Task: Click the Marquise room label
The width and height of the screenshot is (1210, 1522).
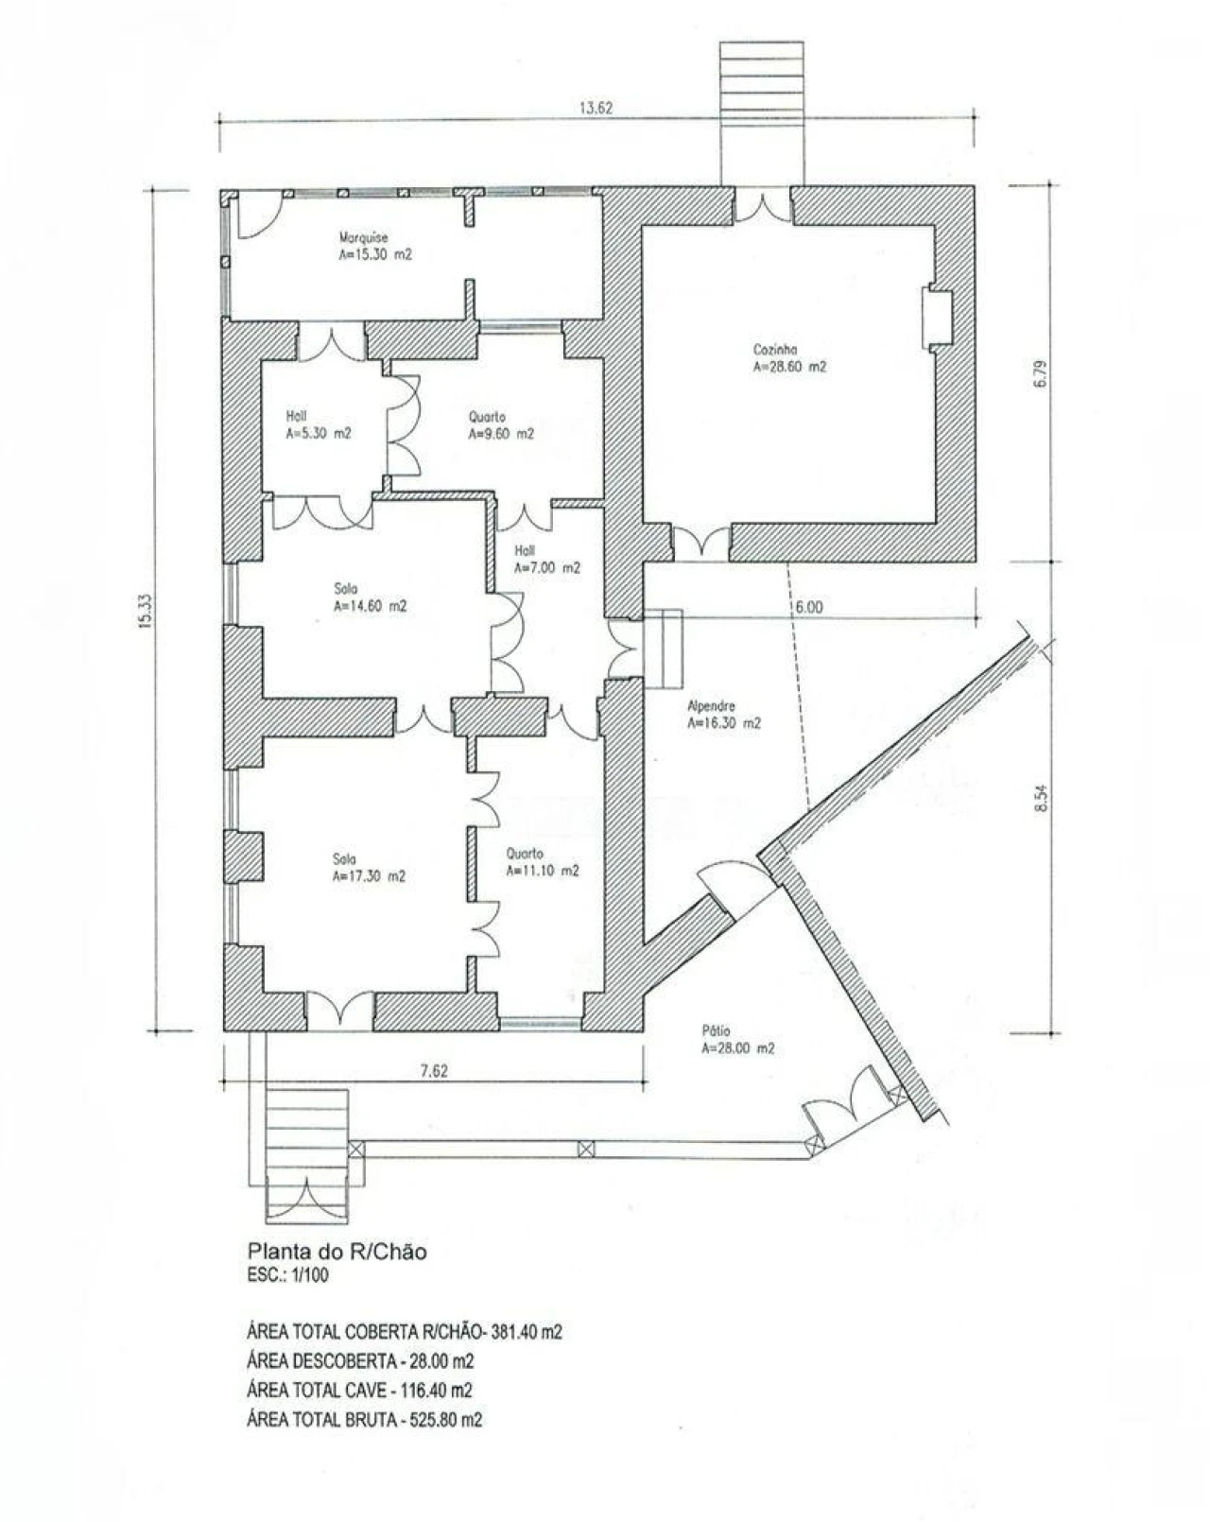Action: coord(364,237)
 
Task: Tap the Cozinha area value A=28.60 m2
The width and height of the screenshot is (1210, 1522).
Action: coord(789,367)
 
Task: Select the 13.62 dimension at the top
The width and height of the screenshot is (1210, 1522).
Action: coord(596,108)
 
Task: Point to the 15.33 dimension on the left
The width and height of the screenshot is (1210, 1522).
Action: coord(145,611)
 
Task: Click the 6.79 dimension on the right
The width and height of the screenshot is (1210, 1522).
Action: coord(1039,374)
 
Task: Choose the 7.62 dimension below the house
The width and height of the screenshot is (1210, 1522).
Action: coord(434,1071)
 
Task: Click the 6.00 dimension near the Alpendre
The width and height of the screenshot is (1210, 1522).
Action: coord(809,607)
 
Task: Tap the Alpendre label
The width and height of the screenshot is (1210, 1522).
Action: coord(712,706)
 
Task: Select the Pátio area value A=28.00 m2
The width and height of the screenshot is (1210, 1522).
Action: coord(737,1048)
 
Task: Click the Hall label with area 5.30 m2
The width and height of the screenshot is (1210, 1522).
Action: coord(296,417)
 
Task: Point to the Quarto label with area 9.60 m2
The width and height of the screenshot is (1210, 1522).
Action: coord(487,417)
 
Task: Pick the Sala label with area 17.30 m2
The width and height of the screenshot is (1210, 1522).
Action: coord(344,859)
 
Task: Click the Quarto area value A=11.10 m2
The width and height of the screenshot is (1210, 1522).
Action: coord(543,871)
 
